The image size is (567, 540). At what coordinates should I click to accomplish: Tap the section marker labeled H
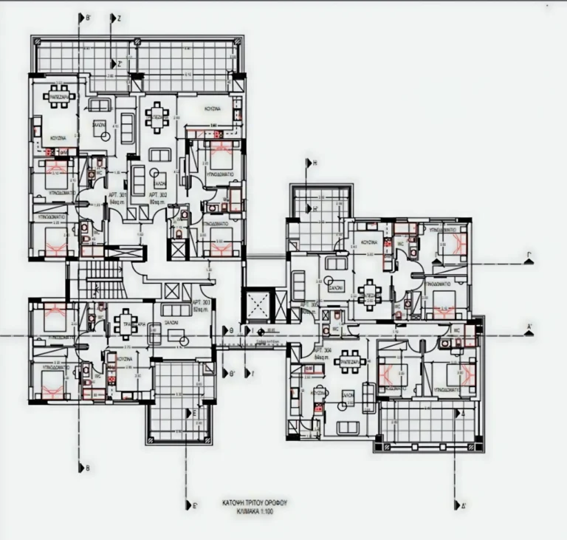[314, 163]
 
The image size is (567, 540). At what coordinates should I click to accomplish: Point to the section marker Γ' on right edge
[529, 259]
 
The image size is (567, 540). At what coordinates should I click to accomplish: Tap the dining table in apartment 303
[125, 322]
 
